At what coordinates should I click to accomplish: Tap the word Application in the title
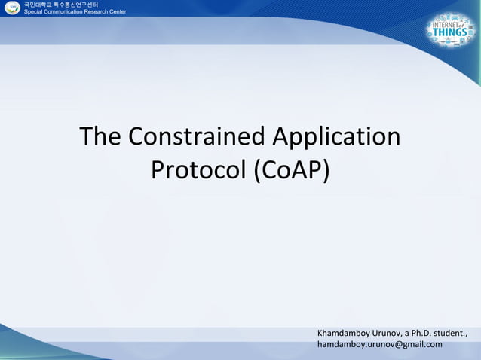pos(335,137)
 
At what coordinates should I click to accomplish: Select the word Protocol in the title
pos(197,170)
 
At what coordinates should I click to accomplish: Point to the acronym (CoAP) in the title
pos(290,170)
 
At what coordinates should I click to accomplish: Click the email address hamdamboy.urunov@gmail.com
pos(380,344)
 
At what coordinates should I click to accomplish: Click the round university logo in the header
pos(11,8)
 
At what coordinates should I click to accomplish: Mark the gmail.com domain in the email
pos(424,344)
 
